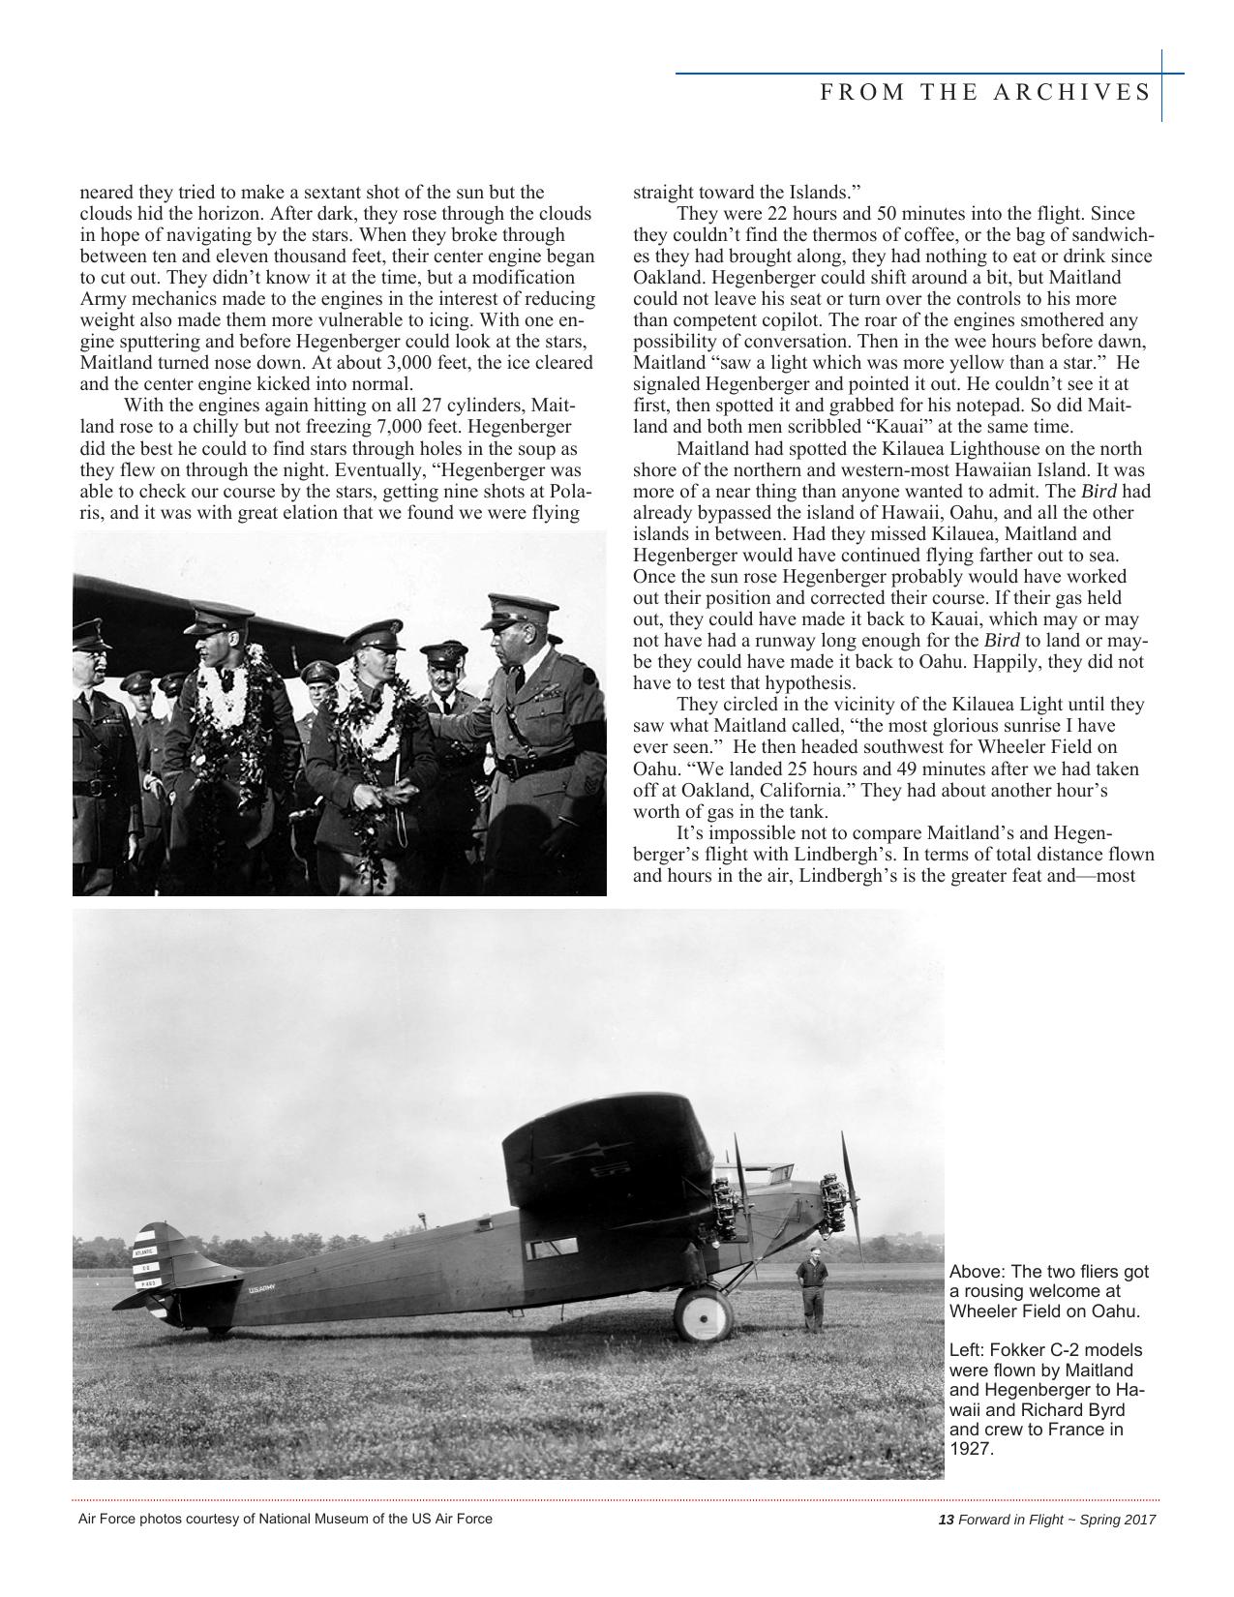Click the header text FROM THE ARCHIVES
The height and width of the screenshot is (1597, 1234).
tap(985, 92)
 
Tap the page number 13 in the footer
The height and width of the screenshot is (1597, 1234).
tap(947, 1520)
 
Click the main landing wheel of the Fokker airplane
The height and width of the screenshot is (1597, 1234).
tap(704, 1316)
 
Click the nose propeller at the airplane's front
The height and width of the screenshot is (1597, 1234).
tap(850, 1190)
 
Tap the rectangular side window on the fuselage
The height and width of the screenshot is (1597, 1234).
tap(551, 1249)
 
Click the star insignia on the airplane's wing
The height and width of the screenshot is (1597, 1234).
tap(571, 1156)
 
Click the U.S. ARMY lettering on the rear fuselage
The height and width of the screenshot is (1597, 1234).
tap(261, 1288)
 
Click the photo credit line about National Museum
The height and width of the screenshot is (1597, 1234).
tap(285, 1519)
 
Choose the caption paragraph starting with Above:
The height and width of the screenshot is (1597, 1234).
tap(1047, 1291)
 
